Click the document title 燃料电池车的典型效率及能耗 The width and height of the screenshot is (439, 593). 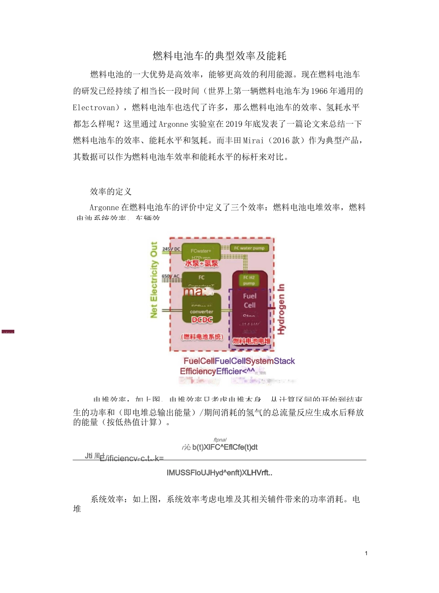tap(219, 56)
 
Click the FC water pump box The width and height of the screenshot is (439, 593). tap(249, 248)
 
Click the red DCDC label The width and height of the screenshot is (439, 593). tap(202, 320)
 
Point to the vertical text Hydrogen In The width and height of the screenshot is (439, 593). tap(281, 309)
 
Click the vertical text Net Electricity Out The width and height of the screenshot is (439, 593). tap(154, 280)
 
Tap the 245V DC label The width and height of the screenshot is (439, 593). tap(171, 249)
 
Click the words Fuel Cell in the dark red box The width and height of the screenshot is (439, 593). tap(250, 300)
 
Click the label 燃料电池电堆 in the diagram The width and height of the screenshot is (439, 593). tap(251, 341)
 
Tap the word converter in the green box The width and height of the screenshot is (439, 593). tap(201, 312)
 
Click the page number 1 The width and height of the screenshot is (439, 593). tap(366, 553)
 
